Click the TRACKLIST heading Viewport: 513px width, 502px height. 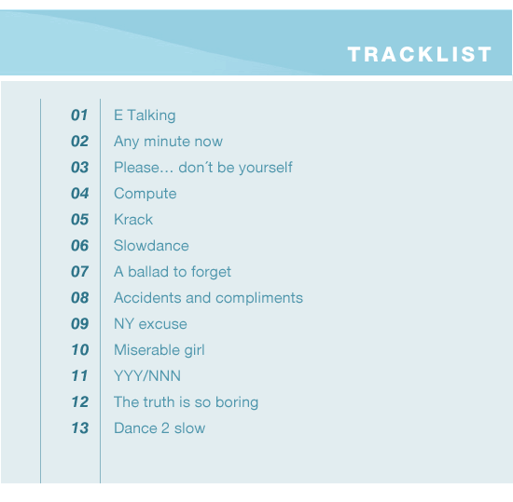click(420, 54)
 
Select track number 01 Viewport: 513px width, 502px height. click(79, 115)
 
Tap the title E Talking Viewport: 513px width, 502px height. click(145, 115)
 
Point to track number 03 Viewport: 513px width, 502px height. click(80, 168)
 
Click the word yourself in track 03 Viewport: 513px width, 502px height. click(265, 168)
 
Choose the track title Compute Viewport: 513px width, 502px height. click(145, 194)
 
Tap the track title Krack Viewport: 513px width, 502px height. click(133, 220)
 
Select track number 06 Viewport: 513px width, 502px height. click(80, 246)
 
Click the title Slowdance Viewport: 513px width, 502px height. click(151, 246)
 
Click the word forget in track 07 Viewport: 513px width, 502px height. click(211, 272)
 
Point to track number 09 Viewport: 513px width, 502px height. click(80, 324)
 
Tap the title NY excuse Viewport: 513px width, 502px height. click(150, 324)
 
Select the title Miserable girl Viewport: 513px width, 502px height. click(159, 350)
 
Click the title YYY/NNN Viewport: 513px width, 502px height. click(147, 376)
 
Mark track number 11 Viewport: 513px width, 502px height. click(80, 376)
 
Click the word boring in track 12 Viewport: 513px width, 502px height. click(237, 402)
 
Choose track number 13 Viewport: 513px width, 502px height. click(80, 428)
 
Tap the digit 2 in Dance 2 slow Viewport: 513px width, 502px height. click(165, 428)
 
